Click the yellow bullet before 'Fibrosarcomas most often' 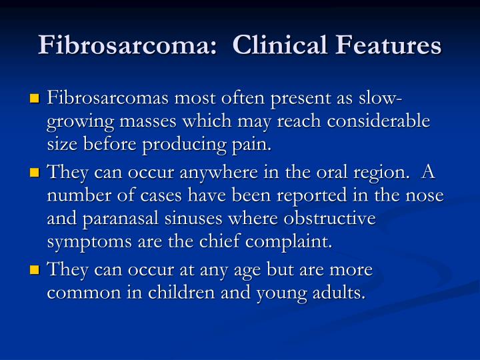coord(35,99)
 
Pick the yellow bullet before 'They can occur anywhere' coord(35,174)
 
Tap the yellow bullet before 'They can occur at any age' coord(35,270)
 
